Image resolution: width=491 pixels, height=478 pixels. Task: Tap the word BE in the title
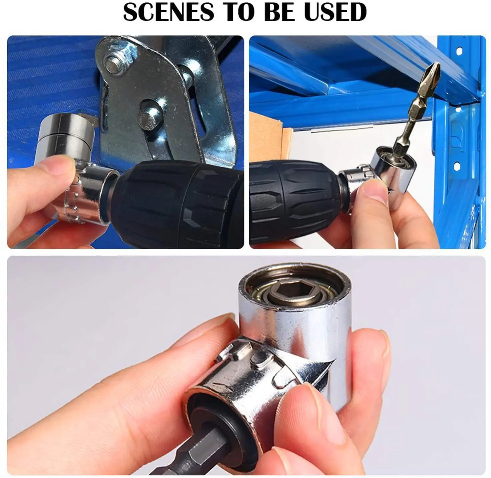coord(277,12)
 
